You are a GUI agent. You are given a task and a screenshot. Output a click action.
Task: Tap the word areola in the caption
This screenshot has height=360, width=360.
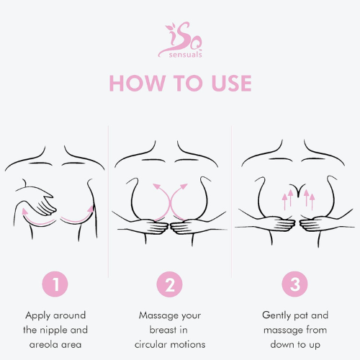(42, 344)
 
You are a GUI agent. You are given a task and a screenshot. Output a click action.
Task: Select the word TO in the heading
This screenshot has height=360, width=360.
(183, 83)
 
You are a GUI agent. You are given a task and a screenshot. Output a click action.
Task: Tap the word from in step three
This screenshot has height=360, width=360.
(315, 330)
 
